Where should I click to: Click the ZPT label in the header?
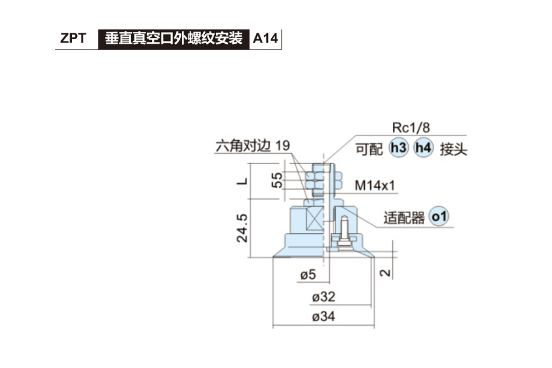tap(73, 39)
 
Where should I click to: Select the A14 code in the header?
tap(265, 39)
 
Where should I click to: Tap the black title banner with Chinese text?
tap(173, 39)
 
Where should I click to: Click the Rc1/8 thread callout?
tap(411, 127)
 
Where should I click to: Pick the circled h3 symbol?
tap(398, 149)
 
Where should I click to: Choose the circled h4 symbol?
tap(423, 149)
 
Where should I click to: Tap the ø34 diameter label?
tap(323, 317)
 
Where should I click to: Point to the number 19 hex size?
tap(283, 146)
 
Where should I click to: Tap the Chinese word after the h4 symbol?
tap(453, 149)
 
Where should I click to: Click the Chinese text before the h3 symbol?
tap(369, 149)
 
